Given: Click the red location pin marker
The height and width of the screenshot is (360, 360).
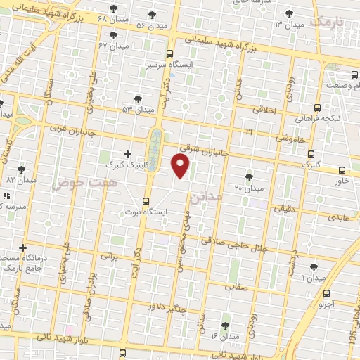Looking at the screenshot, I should tap(181, 166).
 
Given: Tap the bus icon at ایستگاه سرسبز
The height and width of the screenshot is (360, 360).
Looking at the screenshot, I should tap(169, 53).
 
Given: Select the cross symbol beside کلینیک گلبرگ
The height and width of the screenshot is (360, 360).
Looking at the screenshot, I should tap(127, 153).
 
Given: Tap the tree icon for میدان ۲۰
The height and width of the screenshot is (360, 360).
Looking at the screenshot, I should tap(249, 177).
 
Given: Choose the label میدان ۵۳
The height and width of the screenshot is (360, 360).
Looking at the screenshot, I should tap(137, 109).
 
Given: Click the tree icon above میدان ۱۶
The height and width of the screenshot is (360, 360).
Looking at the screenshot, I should tap(224, 326).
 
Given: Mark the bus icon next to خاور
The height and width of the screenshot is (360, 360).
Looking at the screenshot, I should tap(342, 169).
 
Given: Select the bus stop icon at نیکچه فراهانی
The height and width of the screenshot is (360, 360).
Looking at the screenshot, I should tap(317, 108).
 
